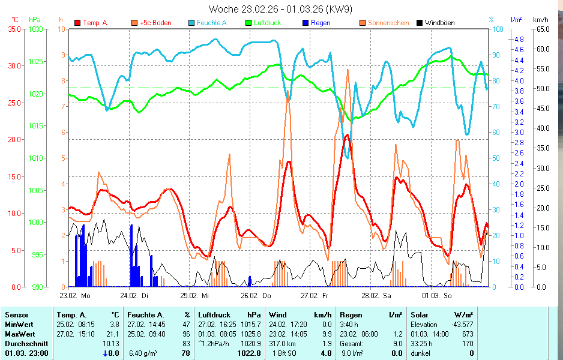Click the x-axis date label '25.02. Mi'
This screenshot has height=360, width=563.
tap(196, 296)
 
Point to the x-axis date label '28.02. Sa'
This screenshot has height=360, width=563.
tap(376, 296)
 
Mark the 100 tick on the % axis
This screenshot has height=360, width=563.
tap(498, 29)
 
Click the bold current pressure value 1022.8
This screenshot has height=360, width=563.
tap(250, 353)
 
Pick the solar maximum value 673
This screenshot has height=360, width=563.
tap(468, 334)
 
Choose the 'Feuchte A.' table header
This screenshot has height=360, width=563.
tap(144, 314)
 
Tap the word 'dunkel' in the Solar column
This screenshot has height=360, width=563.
tap(421, 353)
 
